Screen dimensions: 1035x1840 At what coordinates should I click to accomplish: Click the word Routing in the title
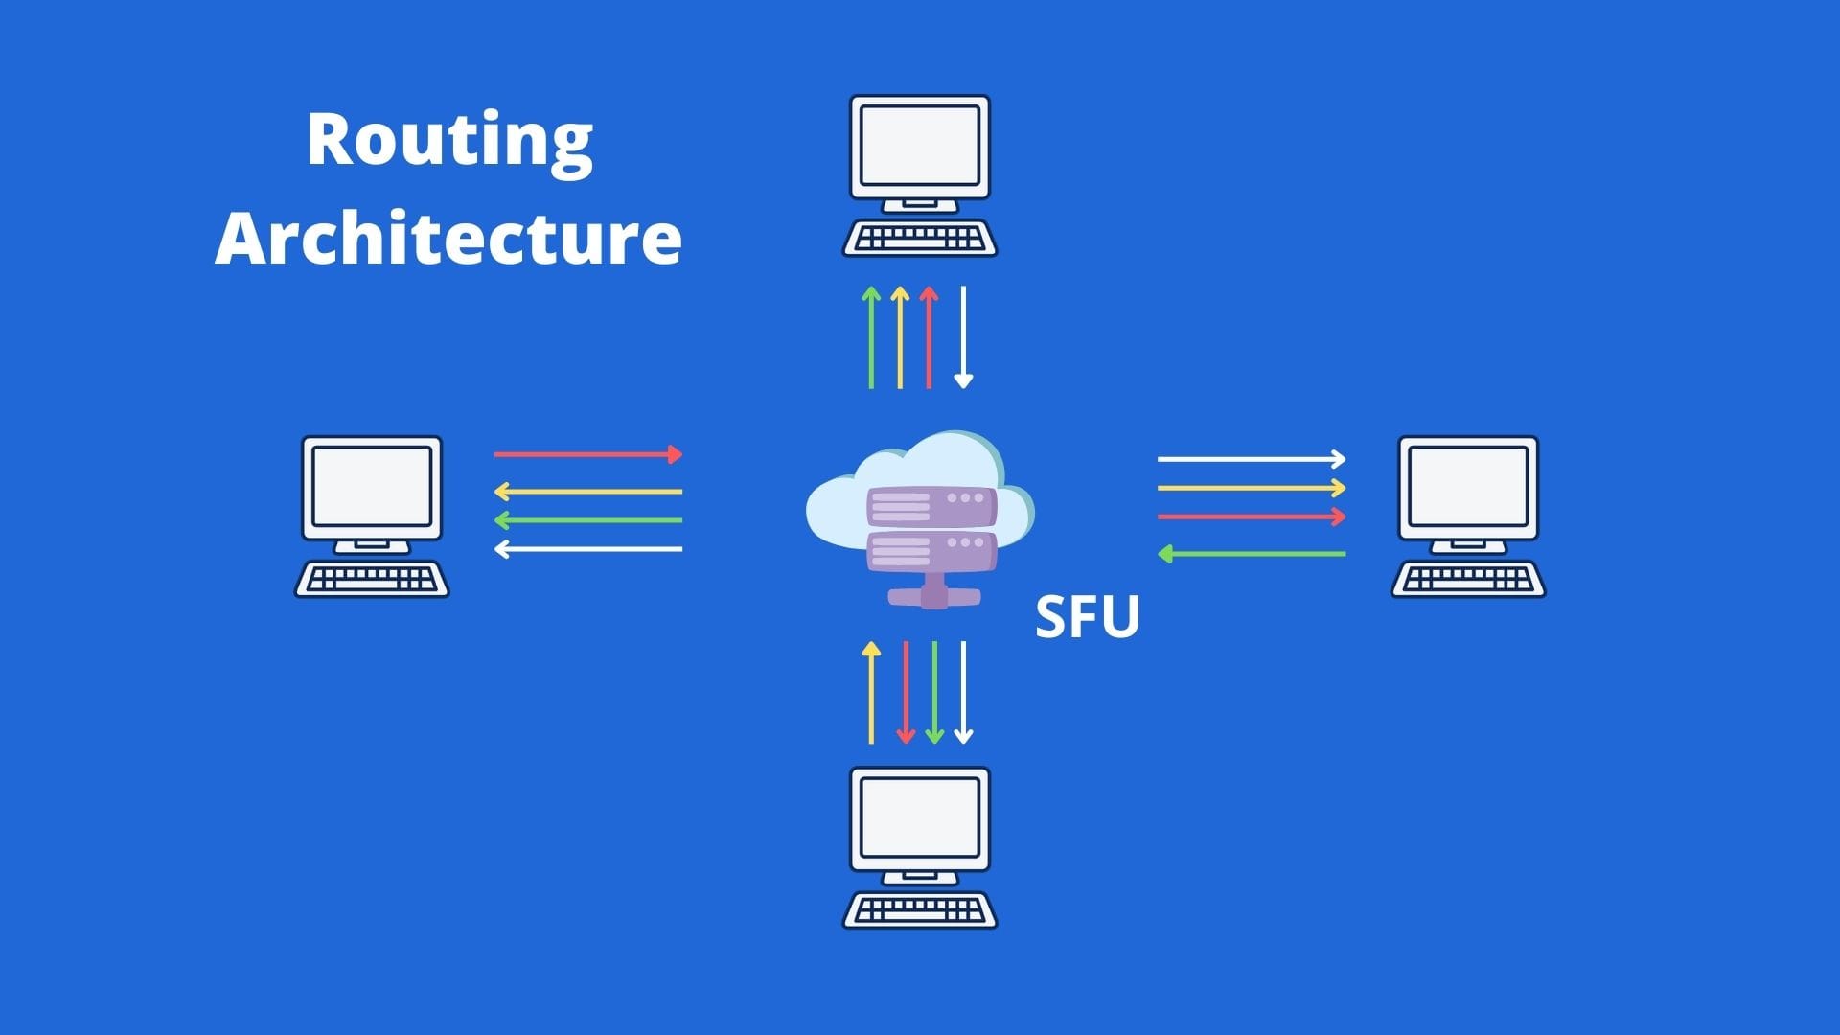449,141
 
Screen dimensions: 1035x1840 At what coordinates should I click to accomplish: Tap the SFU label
1088,617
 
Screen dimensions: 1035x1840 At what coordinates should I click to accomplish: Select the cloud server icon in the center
920,517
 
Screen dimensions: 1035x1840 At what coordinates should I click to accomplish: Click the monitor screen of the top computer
920,146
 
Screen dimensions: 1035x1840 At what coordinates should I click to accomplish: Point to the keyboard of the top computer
920,238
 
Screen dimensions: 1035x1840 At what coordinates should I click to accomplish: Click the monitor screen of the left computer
372,487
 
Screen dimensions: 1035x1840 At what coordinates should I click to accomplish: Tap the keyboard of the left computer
372,579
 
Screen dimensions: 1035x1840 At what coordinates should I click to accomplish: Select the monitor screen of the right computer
1468,487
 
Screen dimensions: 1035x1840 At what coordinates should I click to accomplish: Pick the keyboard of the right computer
1468,579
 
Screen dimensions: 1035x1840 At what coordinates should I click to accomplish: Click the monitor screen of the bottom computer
920,817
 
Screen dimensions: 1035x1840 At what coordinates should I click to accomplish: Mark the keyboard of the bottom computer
920,909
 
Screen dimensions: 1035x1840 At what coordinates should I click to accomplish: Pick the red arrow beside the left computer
588,454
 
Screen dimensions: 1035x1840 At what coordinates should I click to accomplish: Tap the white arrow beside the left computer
588,549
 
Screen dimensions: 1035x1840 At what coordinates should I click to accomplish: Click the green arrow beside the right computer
1252,554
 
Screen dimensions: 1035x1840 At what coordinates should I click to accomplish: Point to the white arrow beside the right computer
1252,459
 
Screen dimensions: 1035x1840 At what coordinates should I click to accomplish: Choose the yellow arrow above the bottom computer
871,692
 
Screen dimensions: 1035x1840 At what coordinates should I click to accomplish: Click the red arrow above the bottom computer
906,692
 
